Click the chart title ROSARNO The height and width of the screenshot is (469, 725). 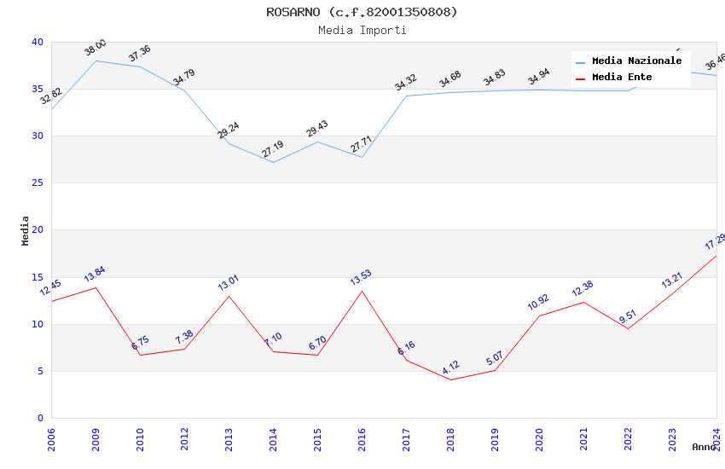(x=362, y=12)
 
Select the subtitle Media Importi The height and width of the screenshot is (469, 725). (x=362, y=30)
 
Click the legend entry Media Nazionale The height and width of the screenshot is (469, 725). (x=636, y=61)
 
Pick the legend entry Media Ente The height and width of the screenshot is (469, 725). (x=622, y=78)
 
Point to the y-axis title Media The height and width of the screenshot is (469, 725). (x=26, y=230)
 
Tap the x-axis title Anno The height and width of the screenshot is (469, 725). (x=704, y=447)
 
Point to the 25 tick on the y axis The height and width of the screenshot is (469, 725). (x=38, y=182)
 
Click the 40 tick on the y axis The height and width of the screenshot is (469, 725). (x=38, y=42)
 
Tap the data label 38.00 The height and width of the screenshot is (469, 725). (x=96, y=48)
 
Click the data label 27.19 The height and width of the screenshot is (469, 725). (x=273, y=149)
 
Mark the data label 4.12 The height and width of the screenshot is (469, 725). (x=450, y=368)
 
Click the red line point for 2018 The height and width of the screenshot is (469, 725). (x=450, y=379)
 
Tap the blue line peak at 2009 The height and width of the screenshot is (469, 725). (x=96, y=61)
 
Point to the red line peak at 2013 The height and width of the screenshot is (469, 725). (x=229, y=296)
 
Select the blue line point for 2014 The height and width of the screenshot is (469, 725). (x=273, y=162)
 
